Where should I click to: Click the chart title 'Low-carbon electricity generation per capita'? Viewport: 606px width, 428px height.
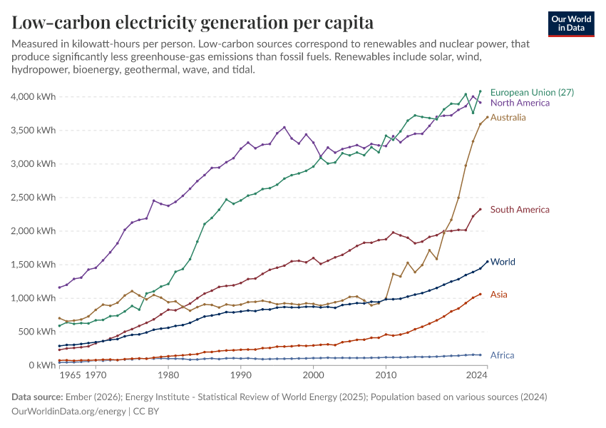pos(192,22)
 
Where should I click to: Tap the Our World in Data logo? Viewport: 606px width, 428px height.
pos(570,24)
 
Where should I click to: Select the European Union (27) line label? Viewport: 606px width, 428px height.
pos(532,92)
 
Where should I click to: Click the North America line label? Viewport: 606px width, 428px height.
pos(520,103)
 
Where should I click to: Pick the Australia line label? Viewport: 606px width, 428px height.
pos(508,117)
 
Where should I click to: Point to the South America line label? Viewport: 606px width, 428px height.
pos(520,210)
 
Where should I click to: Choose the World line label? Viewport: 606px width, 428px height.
pos(503,262)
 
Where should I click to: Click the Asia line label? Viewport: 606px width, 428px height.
pos(499,294)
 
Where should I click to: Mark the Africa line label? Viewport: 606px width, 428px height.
pos(502,355)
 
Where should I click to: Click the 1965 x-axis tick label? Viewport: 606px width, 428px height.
pos(70,374)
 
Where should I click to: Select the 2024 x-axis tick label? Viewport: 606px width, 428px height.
pos(476,374)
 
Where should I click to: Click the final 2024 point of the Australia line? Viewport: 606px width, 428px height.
pos(487,117)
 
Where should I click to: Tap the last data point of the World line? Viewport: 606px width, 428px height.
pos(487,262)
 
